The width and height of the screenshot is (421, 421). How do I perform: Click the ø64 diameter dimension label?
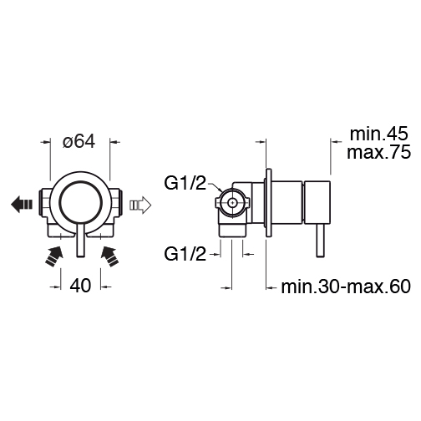pos(79,141)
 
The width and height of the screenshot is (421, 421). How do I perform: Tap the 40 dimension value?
pos(80,286)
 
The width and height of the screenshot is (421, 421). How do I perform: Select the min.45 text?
pos(378,134)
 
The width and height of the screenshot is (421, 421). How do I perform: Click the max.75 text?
pos(378,152)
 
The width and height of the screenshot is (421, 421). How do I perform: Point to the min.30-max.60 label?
pos(346,287)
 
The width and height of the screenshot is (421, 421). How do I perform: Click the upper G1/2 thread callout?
pos(185,184)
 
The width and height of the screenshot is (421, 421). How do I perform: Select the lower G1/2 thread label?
pos(185,254)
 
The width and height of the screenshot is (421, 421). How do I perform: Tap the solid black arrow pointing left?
pos(22,205)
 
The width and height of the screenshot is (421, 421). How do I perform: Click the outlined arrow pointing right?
pos(140,205)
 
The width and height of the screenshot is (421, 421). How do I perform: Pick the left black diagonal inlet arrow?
pos(54,256)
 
